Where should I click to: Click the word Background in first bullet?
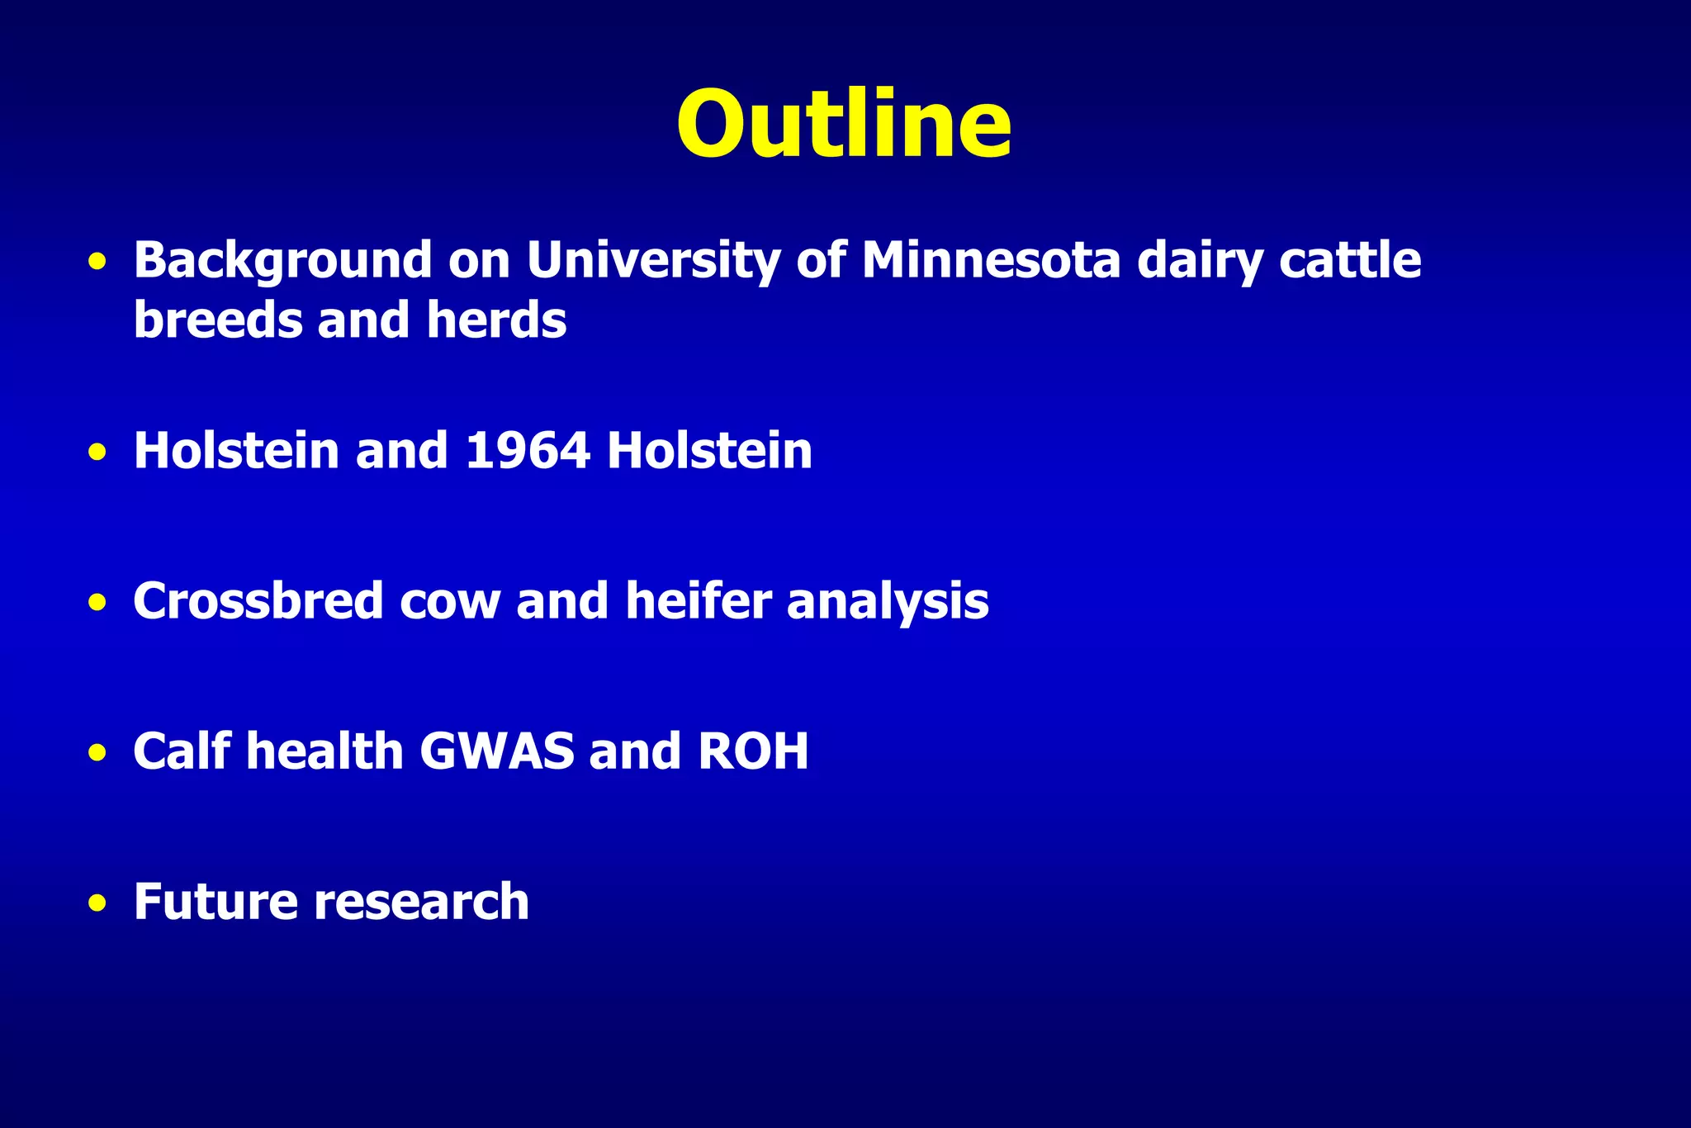click(282, 261)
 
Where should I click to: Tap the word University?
click(653, 261)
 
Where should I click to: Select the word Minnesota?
click(991, 261)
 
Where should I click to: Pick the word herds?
click(496, 320)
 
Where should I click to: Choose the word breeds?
click(217, 320)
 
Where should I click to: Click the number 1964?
click(528, 451)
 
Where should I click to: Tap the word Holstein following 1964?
click(709, 451)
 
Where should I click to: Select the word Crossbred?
click(258, 601)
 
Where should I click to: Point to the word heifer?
click(699, 601)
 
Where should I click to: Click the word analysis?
click(888, 601)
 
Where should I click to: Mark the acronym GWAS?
click(496, 751)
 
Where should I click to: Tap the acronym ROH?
click(753, 751)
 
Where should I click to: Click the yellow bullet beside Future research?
click(97, 903)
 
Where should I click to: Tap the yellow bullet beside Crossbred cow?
click(97, 603)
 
